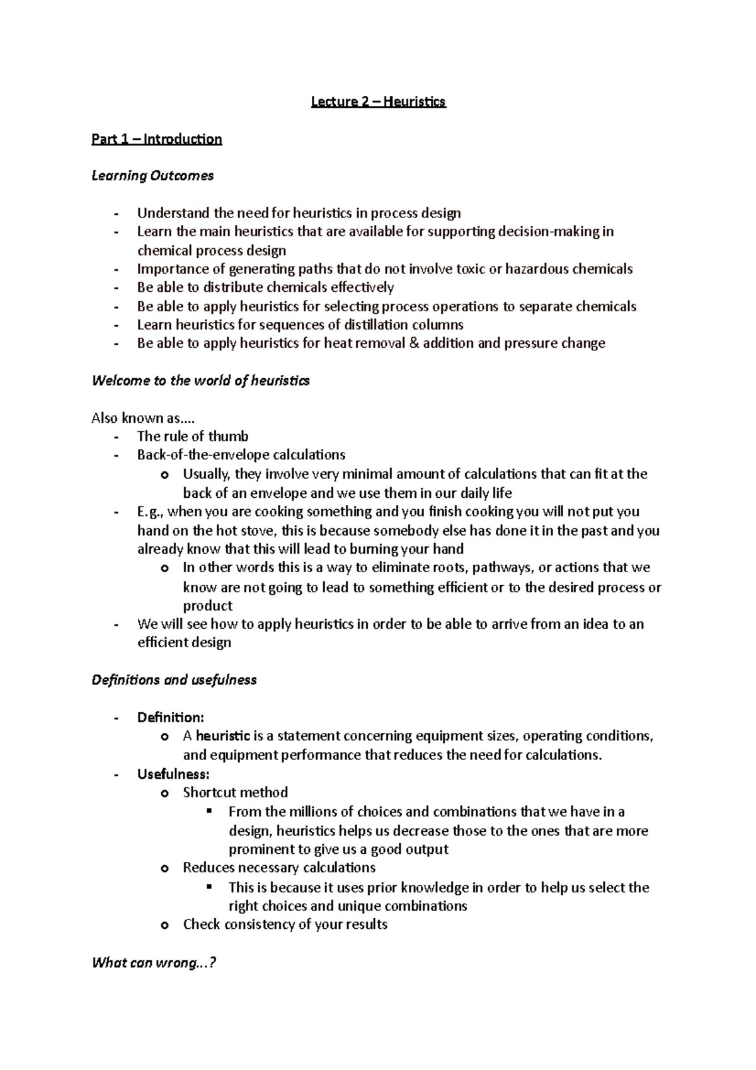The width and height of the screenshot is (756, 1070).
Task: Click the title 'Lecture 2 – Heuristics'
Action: click(378, 101)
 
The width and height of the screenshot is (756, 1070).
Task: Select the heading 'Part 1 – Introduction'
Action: click(156, 139)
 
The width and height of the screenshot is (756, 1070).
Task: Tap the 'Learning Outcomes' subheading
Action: click(152, 176)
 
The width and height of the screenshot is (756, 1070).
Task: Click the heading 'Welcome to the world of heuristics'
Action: click(200, 381)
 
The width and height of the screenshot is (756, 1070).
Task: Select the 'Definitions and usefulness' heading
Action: click(174, 680)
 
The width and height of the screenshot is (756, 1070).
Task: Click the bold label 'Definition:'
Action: click(170, 718)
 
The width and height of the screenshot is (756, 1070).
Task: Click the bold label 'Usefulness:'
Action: click(173, 774)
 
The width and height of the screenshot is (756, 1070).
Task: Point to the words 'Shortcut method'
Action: click(235, 793)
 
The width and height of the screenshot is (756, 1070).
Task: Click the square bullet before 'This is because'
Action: click(210, 887)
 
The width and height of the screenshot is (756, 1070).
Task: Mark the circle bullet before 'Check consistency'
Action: click(165, 925)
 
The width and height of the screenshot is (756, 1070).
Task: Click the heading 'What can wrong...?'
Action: click(154, 963)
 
